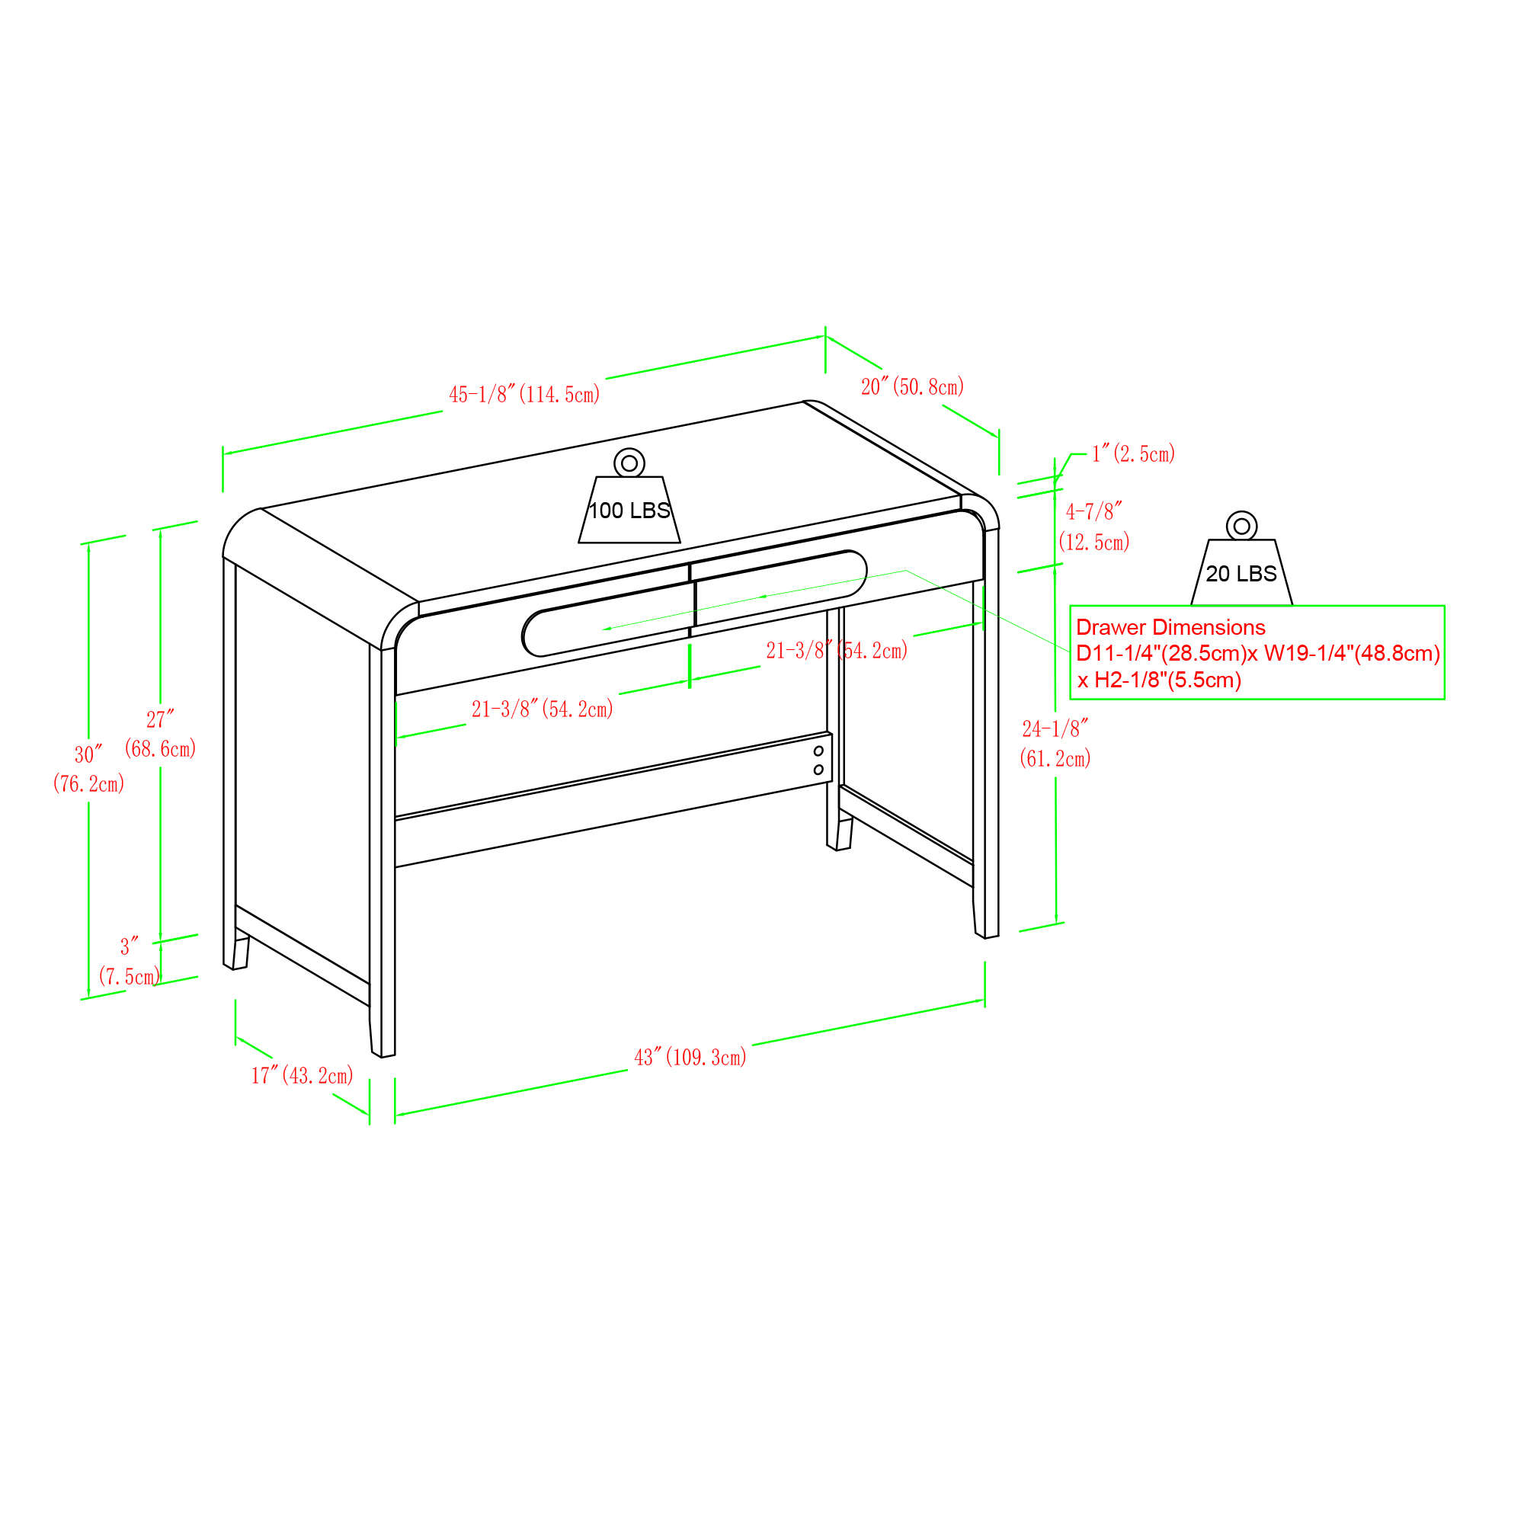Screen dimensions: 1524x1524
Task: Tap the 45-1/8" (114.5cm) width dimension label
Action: pos(524,395)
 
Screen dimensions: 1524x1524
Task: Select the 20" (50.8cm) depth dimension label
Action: pos(913,386)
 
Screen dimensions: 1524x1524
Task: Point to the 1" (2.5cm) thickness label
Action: pos(1134,453)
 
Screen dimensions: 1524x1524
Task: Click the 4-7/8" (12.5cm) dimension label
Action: pos(1094,527)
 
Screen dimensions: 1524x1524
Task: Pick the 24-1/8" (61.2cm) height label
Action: pos(1055,744)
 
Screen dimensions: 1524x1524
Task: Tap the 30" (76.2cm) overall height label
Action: pos(89,769)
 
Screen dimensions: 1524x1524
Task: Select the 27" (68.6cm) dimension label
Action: pos(160,734)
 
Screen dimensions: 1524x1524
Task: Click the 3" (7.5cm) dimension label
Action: pos(130,961)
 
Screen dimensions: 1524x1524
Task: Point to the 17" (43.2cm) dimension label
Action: pos(302,1076)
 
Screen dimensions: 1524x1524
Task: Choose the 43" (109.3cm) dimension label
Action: pos(690,1057)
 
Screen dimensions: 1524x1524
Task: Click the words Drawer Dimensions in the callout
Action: pos(1170,627)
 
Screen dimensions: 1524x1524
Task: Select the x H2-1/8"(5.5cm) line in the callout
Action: pos(1159,680)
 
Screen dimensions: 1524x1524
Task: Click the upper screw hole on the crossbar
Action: pos(819,751)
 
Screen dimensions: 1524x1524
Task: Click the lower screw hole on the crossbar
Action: pos(819,770)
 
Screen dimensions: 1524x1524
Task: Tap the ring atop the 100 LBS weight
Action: pos(629,463)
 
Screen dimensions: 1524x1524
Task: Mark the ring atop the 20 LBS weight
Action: pos(1241,526)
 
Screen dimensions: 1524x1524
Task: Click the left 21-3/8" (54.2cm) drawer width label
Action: pos(543,709)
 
